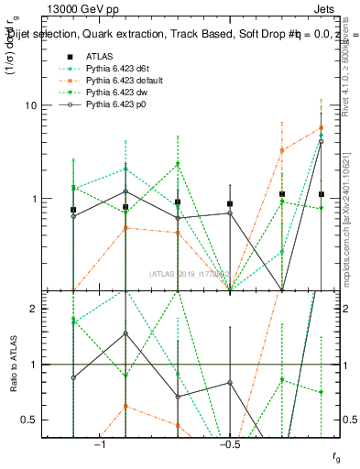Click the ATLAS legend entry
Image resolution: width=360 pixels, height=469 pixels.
coord(99,56)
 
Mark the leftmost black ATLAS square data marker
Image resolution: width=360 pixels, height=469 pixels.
coord(73,210)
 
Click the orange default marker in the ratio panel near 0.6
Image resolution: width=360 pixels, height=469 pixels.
coord(125,406)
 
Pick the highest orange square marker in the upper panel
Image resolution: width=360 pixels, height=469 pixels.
coord(321,127)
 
